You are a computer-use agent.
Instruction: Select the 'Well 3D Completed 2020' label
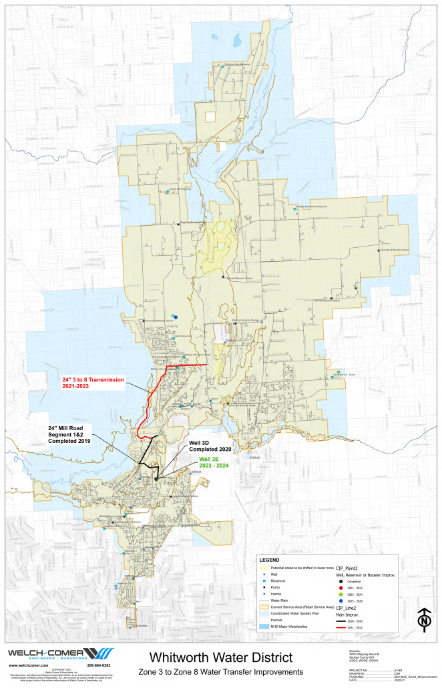pos(207,446)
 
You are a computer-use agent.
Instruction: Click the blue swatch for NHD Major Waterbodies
pos(265,626)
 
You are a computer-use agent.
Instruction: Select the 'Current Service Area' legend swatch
pos(265,607)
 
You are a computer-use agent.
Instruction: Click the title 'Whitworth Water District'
pos(220,657)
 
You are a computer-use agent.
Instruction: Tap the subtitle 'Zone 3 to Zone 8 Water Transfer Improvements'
pos(220,671)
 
